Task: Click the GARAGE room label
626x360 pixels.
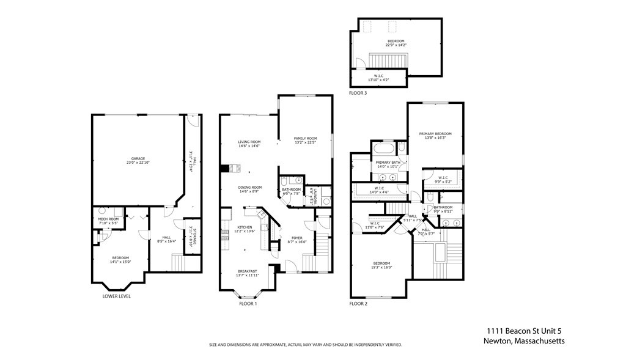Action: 137,158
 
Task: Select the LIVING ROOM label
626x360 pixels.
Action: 249,142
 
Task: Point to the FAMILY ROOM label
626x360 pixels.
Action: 305,138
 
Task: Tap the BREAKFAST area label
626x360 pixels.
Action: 248,271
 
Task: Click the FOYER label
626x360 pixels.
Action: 296,238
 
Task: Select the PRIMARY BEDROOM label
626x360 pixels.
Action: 435,134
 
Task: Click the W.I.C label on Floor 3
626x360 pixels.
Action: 378,76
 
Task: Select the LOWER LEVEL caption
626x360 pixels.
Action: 116,296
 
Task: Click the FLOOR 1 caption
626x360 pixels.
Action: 248,303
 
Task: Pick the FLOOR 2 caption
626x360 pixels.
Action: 358,303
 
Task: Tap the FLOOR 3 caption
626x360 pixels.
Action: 358,93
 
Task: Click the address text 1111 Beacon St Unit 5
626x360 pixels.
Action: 523,330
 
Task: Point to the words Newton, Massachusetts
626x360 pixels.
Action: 523,341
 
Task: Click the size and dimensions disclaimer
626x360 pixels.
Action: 306,345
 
